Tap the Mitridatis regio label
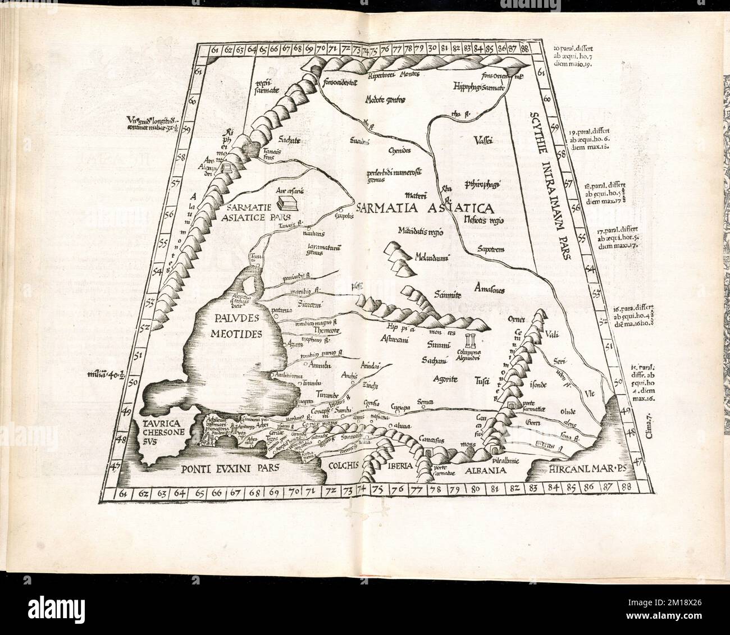(421, 231)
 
